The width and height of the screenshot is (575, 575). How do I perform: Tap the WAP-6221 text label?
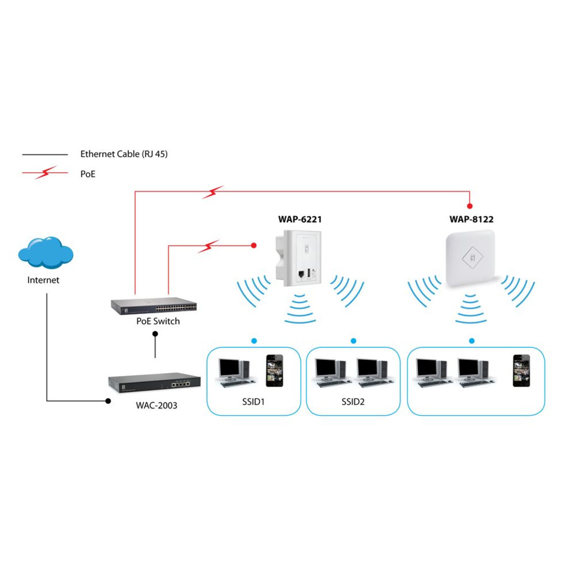click(299, 219)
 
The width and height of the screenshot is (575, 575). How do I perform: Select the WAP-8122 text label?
click(471, 219)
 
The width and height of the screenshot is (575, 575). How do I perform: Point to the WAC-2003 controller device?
click(153, 382)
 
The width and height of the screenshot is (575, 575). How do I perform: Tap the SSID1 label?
click(253, 401)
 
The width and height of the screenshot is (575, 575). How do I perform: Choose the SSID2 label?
click(353, 401)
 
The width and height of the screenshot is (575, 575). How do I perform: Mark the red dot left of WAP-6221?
click(254, 246)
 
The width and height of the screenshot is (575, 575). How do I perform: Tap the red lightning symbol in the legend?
click(46, 173)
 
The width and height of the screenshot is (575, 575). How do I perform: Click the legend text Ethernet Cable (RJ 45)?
click(124, 154)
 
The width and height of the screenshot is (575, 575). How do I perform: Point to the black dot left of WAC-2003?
click(108, 401)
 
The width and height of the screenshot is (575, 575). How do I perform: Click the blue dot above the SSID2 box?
click(353, 341)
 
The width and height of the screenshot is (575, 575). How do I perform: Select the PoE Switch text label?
click(158, 321)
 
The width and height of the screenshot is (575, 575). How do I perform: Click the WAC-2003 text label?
click(157, 405)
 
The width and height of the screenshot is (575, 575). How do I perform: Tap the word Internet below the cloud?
click(44, 280)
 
